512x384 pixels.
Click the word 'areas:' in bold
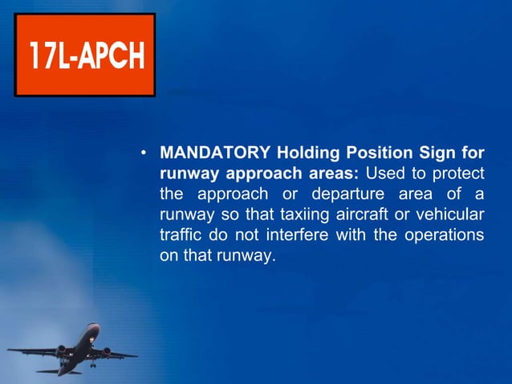(334, 174)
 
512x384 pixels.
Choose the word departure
(366, 194)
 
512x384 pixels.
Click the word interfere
(304, 236)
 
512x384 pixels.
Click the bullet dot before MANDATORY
(142, 153)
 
